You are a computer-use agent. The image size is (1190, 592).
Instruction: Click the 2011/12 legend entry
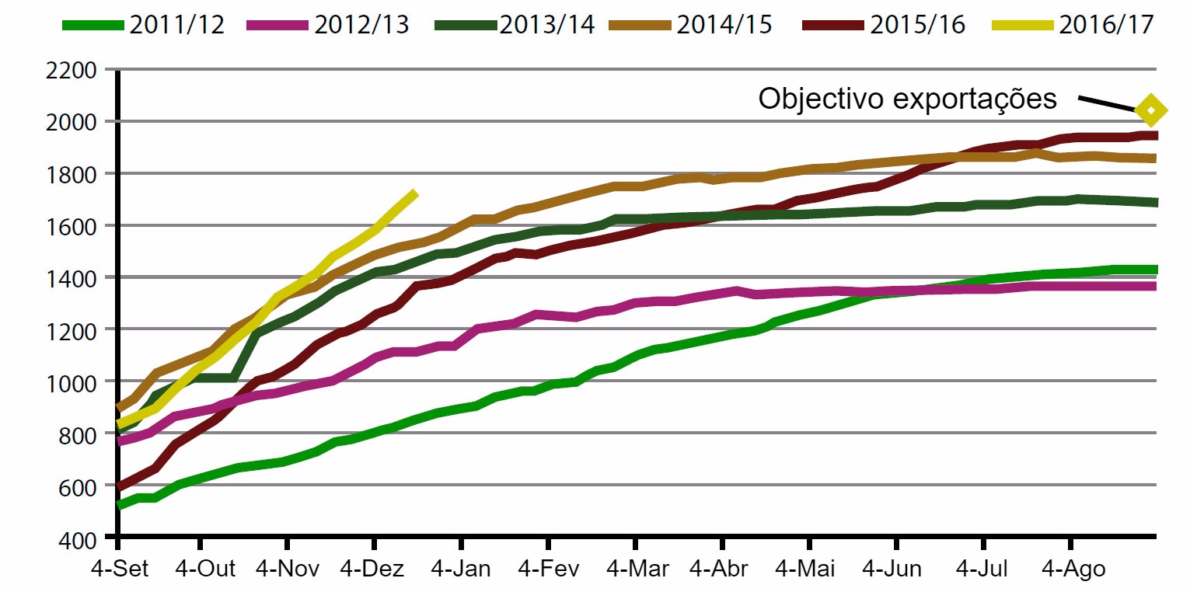pyautogui.click(x=144, y=24)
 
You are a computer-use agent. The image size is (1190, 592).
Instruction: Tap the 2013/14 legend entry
pyautogui.click(x=514, y=24)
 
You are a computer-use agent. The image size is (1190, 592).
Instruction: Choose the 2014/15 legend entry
pyautogui.click(x=691, y=24)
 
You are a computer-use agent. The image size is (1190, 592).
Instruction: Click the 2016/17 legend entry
pyautogui.click(x=1073, y=24)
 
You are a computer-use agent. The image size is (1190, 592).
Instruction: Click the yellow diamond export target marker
pyautogui.click(x=1151, y=110)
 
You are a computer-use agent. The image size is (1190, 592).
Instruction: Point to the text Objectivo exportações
pyautogui.click(x=907, y=99)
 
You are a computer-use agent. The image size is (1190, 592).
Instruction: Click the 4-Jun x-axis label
pyautogui.click(x=894, y=569)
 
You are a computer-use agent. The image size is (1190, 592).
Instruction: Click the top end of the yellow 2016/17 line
pyautogui.click(x=416, y=193)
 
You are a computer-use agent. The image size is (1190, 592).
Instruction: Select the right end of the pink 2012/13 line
pyautogui.click(x=1155, y=287)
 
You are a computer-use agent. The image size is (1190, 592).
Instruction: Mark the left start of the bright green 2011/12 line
pyautogui.click(x=119, y=505)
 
